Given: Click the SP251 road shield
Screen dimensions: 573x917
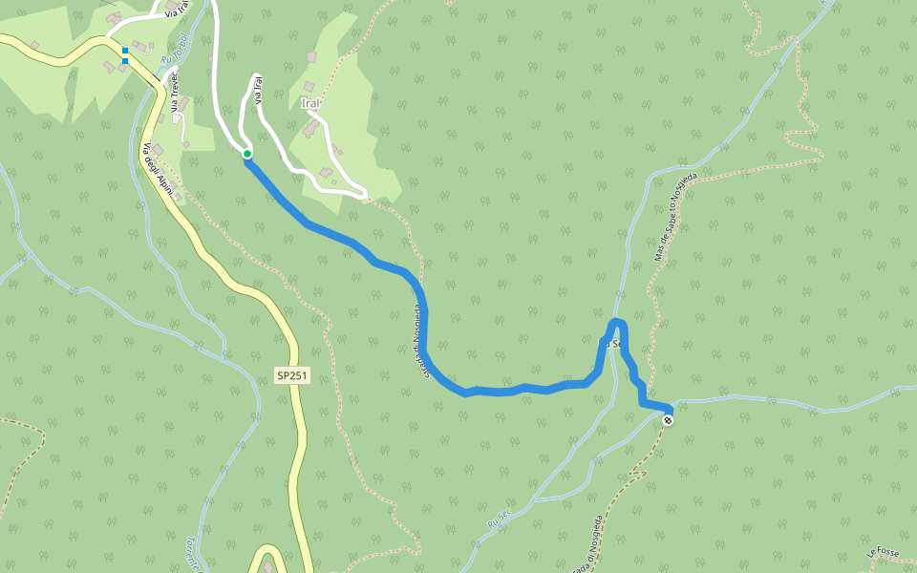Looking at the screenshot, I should pyautogui.click(x=292, y=376).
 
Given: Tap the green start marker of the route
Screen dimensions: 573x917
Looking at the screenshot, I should pyautogui.click(x=246, y=154).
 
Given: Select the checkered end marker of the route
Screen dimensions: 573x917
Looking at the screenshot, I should pyautogui.click(x=668, y=420).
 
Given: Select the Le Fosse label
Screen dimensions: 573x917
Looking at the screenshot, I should pyautogui.click(x=885, y=552).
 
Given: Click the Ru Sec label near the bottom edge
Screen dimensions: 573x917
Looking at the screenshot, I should pyautogui.click(x=495, y=521).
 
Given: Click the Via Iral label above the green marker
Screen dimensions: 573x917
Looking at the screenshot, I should pyautogui.click(x=257, y=90).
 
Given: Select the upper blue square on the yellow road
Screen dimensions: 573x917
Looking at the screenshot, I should pyautogui.click(x=125, y=51).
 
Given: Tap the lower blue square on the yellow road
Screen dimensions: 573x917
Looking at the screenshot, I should pyautogui.click(x=125, y=61).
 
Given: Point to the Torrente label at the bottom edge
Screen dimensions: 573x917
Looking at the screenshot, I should pyautogui.click(x=191, y=554).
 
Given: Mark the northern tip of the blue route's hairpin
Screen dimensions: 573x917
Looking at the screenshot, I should pyautogui.click(x=618, y=321).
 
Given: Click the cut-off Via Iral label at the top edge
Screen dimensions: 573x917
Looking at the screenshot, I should pyautogui.click(x=176, y=11).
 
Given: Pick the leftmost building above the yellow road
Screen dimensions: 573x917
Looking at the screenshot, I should pyautogui.click(x=34, y=45).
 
